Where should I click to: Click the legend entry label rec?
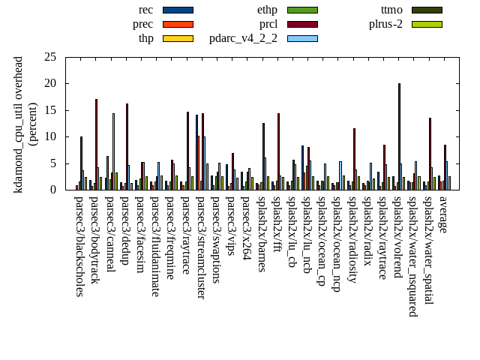point(146,10)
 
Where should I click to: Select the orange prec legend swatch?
point(178,24)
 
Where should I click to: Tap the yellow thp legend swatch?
point(178,38)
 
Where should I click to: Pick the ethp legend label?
point(267,10)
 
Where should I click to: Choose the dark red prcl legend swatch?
point(302,24)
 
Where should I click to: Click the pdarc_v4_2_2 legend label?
point(243,38)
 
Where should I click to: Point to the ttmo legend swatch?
point(426,10)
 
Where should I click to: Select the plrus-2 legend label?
point(385,24)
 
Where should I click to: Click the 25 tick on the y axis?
point(49,57)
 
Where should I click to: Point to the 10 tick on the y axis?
point(49,136)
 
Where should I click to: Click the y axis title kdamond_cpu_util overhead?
point(19,124)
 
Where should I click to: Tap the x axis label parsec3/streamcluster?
point(201,247)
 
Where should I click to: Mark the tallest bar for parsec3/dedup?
point(127,146)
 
